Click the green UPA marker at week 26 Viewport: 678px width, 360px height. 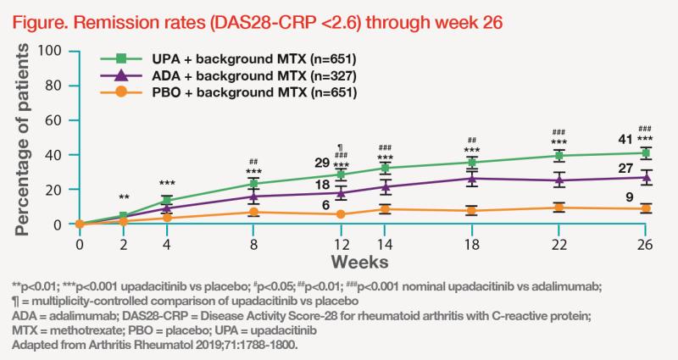(x=647, y=153)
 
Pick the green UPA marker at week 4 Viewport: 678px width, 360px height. (x=167, y=201)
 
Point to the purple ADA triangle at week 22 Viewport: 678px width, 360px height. (x=559, y=180)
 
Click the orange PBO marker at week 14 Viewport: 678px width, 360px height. (x=385, y=208)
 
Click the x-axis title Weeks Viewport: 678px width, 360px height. (x=359, y=258)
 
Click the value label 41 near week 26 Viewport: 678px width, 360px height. (x=623, y=137)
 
